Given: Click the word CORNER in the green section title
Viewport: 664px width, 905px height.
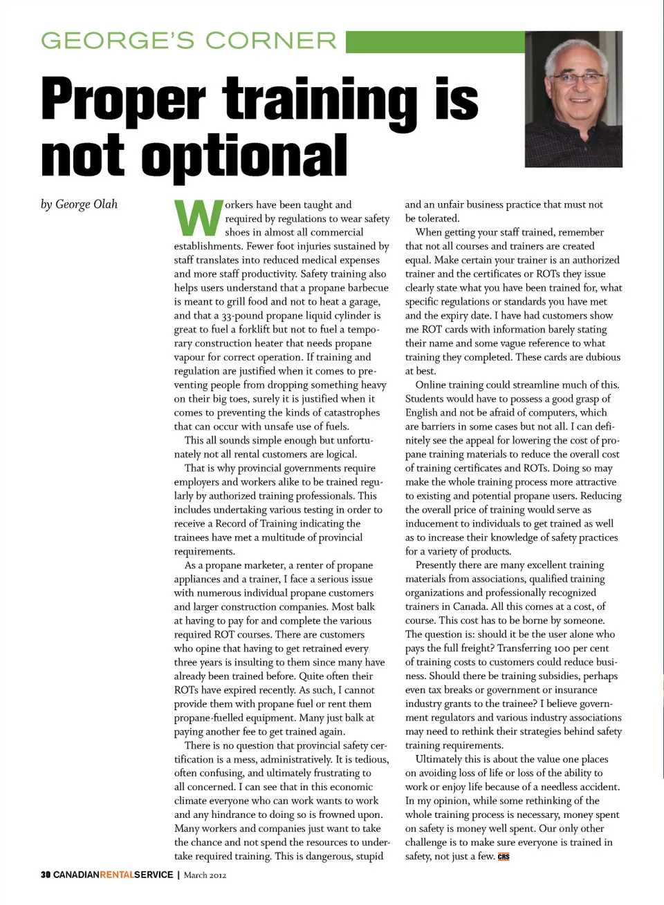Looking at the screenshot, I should click(271, 41).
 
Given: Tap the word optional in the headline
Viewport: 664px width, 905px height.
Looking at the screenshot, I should click(244, 156).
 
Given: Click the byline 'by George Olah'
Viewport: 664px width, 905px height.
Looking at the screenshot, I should click(79, 204).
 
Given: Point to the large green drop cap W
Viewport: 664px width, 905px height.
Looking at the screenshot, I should click(198, 218).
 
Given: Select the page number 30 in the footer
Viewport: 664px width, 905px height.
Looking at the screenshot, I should click(46, 875).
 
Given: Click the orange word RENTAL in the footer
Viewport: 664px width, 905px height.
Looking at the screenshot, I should click(117, 875).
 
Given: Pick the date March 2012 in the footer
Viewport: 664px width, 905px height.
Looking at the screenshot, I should click(205, 875).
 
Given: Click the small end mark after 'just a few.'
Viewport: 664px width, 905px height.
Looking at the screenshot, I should click(504, 857).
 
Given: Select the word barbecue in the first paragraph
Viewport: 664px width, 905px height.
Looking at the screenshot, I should click(366, 288).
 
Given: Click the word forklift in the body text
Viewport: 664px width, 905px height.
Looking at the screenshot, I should click(258, 330).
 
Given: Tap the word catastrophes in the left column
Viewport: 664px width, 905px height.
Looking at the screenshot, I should click(347, 412).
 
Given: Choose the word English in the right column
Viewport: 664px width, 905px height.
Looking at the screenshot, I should click(423, 412).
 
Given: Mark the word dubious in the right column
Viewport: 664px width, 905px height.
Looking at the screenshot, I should click(600, 357).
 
